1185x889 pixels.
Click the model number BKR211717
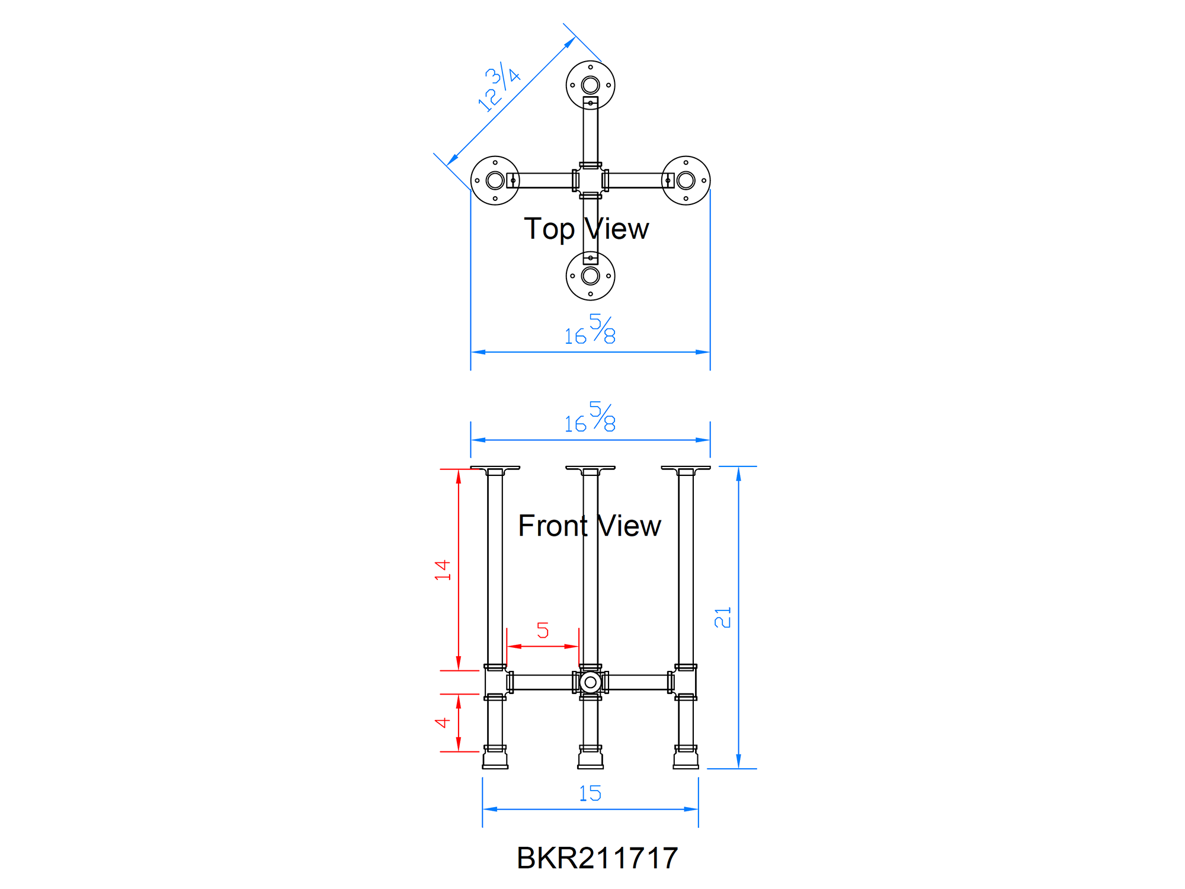click(597, 858)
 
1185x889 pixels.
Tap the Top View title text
click(586, 229)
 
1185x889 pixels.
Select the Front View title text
click(589, 526)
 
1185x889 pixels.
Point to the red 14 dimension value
click(443, 570)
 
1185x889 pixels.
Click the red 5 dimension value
click(543, 630)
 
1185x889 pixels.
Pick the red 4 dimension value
click(443, 722)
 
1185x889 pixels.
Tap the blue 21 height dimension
click(723, 617)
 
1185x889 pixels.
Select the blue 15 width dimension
click(590, 793)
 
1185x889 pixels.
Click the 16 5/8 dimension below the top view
click(590, 331)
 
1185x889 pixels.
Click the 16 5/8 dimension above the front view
click(590, 418)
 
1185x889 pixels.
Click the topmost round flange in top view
click(590, 85)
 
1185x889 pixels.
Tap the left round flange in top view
click(495, 180)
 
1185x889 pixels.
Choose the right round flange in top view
click(686, 180)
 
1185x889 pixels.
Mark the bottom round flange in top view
click(590, 276)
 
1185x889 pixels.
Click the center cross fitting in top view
click(590, 180)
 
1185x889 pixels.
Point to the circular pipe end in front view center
click(590, 682)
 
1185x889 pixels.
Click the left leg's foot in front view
click(495, 759)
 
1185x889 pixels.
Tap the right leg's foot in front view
click(686, 759)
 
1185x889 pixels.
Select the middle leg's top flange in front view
click(590, 468)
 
